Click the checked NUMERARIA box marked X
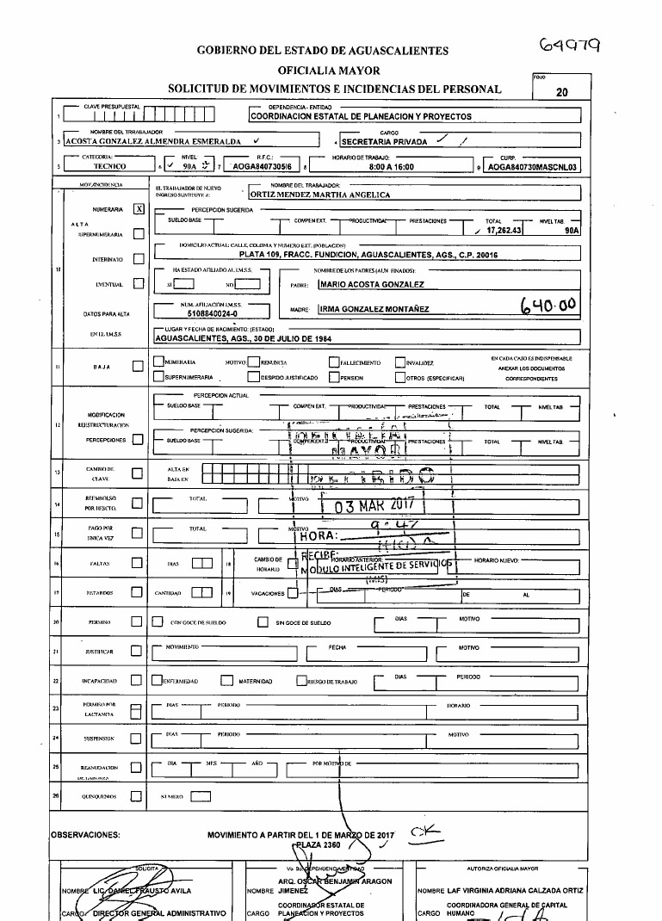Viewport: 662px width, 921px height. tap(139, 209)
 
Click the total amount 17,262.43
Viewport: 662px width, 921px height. tap(504, 231)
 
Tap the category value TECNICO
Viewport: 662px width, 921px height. tap(109, 168)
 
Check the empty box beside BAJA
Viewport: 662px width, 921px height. tap(138, 367)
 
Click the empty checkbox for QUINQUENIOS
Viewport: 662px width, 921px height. tap(135, 797)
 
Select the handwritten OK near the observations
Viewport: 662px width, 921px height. tap(424, 831)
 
